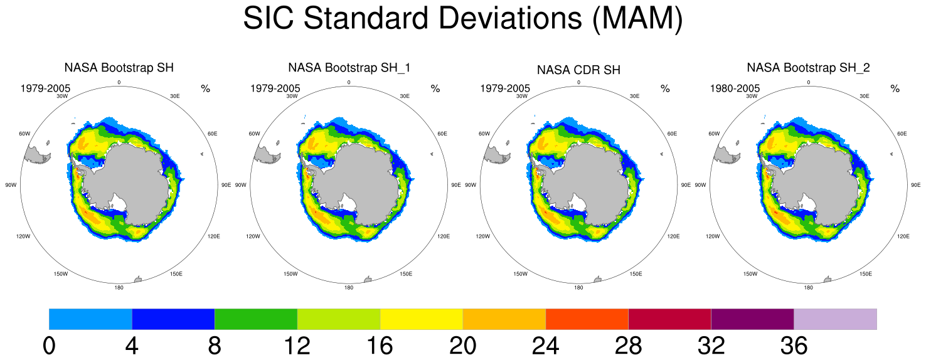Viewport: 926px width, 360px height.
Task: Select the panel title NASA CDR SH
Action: [x=578, y=70]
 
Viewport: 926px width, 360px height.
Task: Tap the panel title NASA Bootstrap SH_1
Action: [x=349, y=67]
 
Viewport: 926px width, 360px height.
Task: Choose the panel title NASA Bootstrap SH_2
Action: [x=808, y=67]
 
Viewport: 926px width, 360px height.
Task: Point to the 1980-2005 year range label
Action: [x=735, y=88]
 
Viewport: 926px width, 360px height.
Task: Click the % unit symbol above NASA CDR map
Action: [x=665, y=88]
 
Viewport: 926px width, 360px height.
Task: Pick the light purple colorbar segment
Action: [x=835, y=319]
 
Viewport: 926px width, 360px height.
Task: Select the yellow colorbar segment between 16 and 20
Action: [x=421, y=319]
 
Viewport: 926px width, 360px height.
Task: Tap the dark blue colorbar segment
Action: [x=173, y=319]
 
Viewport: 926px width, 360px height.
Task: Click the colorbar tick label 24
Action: [x=545, y=346]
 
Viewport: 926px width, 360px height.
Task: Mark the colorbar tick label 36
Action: [x=793, y=346]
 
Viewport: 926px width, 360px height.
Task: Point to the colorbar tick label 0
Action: [x=49, y=346]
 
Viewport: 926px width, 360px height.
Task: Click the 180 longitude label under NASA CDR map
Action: [x=578, y=287]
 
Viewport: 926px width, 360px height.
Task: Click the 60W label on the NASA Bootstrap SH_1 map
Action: [x=254, y=134]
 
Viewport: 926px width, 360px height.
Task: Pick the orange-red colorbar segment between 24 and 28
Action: [x=587, y=319]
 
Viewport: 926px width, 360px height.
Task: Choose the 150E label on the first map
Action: [x=176, y=274]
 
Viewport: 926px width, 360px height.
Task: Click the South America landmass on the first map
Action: [x=36, y=153]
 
